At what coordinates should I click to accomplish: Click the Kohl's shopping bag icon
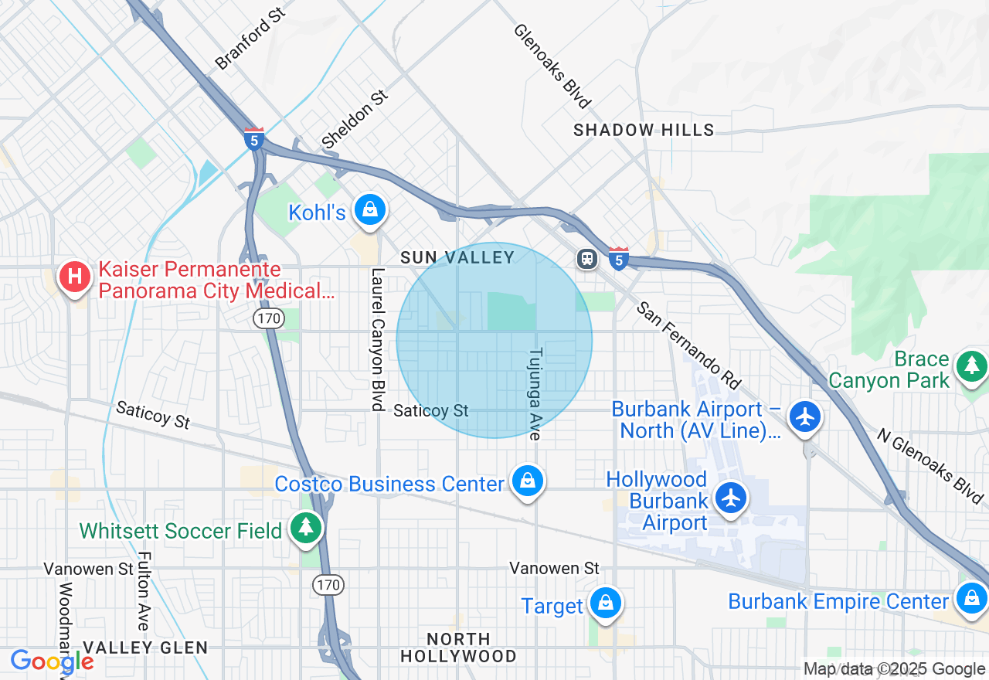370,210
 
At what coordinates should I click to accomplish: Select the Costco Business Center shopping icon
528,481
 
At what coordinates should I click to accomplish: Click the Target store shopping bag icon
605,603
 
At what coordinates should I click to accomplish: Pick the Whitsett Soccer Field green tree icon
307,529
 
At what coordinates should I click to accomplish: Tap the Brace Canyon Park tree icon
971,366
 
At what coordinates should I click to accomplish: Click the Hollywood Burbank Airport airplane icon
731,498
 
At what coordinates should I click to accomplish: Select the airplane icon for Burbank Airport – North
805,416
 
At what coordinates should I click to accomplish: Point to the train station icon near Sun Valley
587,258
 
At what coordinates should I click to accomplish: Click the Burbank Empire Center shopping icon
971,598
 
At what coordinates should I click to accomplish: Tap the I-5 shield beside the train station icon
618,259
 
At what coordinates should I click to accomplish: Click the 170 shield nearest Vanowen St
328,585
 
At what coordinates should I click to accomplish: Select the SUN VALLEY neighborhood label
457,258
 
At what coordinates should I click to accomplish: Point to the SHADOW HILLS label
644,131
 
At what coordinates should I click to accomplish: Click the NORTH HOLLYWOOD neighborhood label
459,648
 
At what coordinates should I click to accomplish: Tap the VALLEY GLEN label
145,648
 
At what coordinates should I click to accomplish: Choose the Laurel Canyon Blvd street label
377,339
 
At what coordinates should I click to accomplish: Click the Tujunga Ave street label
535,393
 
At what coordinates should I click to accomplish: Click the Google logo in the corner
52,662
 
